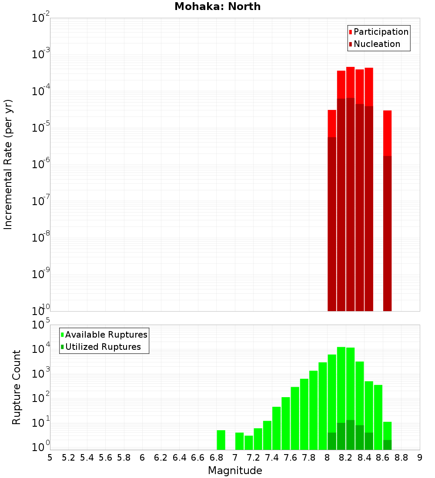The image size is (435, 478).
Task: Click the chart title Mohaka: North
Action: [217, 7]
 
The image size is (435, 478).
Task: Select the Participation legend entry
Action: [381, 32]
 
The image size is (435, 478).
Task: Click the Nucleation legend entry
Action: [377, 44]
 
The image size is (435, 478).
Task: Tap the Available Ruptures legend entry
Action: [106, 335]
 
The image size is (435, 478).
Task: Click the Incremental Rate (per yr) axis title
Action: [8, 164]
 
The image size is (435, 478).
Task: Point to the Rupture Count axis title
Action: [17, 387]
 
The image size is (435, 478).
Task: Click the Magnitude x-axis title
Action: [235, 471]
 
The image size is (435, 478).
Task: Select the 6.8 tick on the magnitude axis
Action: [216, 458]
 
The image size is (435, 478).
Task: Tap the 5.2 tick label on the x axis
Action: [68, 458]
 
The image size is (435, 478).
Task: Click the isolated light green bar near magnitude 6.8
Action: [221, 440]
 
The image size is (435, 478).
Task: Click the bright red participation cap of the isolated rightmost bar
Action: [387, 133]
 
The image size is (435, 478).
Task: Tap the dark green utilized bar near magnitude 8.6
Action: [387, 445]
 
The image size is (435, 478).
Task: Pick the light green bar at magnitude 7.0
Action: [239, 441]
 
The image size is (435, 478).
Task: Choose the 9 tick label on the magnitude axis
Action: [420, 458]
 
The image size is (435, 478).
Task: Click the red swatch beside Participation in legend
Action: [350, 32]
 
